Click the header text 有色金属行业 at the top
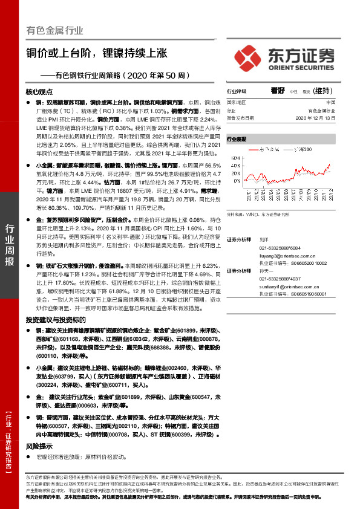pos(54,30)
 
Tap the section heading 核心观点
pos(39,92)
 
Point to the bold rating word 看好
pos(278,91)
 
